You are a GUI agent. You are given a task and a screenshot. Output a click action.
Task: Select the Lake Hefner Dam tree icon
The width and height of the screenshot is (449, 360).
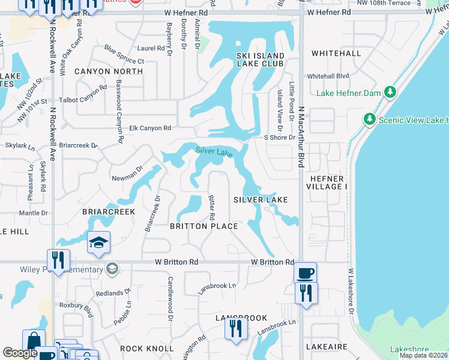tap(390, 92)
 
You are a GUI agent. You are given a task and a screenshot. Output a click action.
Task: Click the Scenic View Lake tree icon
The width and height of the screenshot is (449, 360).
tap(370, 119)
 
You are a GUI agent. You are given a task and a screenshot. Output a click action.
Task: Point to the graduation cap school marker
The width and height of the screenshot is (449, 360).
tap(98, 242)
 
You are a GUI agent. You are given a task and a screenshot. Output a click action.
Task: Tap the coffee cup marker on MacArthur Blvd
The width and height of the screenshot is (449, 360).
tap(305, 273)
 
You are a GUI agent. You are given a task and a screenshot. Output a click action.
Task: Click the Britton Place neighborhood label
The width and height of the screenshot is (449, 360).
tap(204, 226)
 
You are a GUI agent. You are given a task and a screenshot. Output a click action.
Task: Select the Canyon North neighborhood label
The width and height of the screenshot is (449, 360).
tap(109, 71)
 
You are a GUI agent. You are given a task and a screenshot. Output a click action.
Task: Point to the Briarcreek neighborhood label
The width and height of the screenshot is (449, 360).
tap(109, 212)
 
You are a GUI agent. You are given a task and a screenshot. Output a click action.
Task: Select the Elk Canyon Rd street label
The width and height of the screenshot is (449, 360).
tap(151, 128)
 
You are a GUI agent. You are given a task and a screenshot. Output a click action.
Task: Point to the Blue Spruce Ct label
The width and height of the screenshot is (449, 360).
tap(124, 55)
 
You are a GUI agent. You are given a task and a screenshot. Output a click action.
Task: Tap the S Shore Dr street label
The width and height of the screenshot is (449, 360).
tap(280, 137)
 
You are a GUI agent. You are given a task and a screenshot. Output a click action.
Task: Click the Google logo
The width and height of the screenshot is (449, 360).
tap(20, 353)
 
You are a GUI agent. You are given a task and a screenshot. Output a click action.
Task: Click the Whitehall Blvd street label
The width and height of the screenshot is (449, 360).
tap(328, 76)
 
